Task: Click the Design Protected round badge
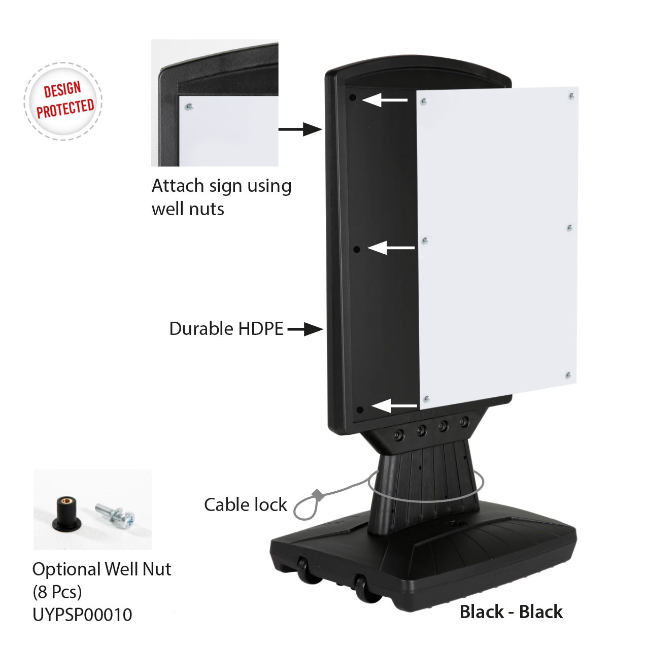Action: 63,101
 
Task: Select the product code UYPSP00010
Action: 82,615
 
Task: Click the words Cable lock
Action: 245,505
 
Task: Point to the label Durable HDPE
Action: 226,329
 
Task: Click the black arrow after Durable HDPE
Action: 305,329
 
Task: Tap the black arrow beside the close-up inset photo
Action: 300,129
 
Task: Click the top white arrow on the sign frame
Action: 385,99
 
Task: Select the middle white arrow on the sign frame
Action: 391,248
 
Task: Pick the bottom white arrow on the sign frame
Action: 394,406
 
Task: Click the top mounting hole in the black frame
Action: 353,97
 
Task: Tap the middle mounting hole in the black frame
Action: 357,249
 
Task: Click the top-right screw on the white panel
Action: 572,96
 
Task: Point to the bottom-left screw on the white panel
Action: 426,399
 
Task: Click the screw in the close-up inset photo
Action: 189,107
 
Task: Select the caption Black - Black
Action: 511,612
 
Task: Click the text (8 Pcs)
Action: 57,592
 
